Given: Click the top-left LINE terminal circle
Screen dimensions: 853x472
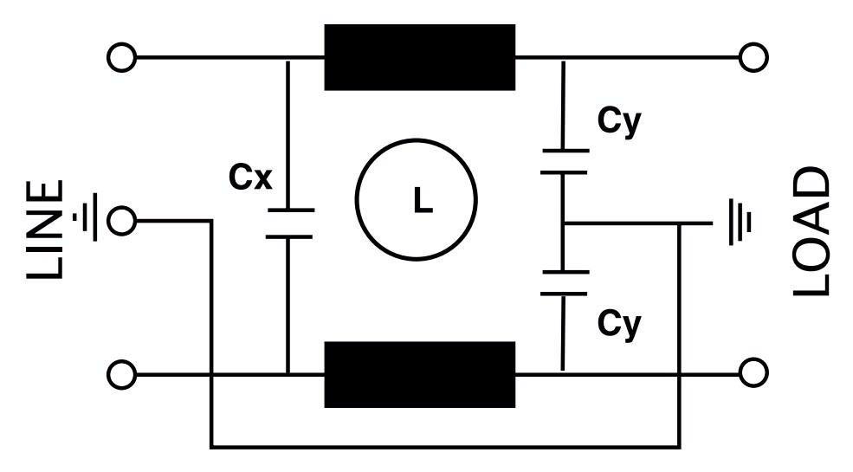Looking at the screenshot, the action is tap(122, 57).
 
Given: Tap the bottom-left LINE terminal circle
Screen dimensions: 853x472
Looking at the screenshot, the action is tap(122, 375).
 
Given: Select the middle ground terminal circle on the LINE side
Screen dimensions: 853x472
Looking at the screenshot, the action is tap(122, 221).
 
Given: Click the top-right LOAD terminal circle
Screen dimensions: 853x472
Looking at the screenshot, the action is tap(753, 57).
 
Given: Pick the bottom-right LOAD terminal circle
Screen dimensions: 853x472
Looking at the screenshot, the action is tap(753, 373).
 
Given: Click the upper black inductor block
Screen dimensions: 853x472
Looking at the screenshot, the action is tap(419, 57).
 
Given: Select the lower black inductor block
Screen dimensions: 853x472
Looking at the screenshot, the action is tap(419, 375).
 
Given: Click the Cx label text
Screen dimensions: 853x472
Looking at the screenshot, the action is tap(250, 177).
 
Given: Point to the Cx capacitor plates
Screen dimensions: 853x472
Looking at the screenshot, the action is tap(289, 223).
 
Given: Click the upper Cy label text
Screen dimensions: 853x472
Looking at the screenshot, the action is tap(619, 122).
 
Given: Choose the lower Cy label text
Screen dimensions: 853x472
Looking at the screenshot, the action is tap(619, 325).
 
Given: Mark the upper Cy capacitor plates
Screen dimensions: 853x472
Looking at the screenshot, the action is tap(564, 161).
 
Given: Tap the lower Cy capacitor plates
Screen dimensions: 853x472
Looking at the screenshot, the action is tap(564, 282).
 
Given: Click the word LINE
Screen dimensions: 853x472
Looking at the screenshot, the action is tap(45, 230).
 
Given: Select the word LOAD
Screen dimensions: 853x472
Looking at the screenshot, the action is tap(811, 231).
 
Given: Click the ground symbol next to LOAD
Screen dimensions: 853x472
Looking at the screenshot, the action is tap(740, 223).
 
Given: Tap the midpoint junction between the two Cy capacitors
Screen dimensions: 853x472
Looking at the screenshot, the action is tap(564, 223).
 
